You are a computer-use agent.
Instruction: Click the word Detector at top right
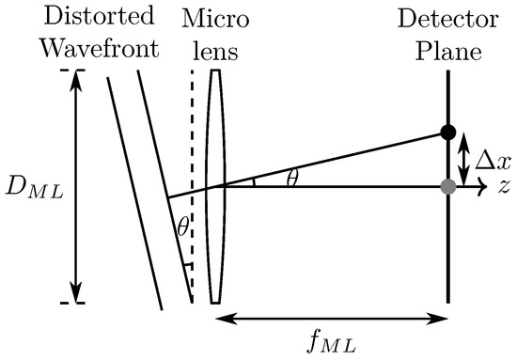[446, 18]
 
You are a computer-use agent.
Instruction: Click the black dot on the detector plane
[447, 132]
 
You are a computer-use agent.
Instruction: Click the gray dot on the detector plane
[447, 186]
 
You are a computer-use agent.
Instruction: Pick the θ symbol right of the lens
[293, 177]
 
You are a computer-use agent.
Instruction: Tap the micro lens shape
[217, 186]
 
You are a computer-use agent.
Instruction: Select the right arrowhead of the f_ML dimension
[441, 320]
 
